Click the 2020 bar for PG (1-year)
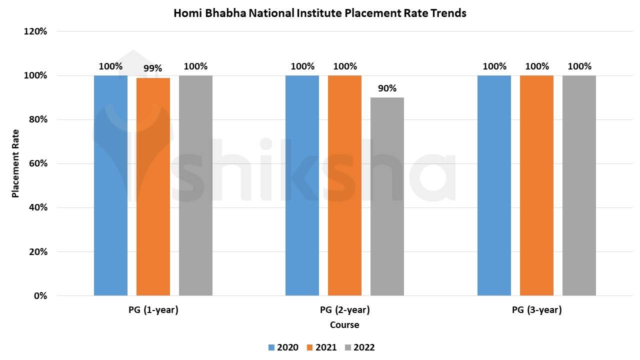(110, 185)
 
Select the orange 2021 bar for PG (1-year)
(153, 186)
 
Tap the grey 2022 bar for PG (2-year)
(387, 196)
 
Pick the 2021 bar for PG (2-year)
(344, 185)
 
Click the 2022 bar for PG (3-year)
(579, 185)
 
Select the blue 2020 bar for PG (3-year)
(494, 185)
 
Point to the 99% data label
(153, 68)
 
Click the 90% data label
(387, 88)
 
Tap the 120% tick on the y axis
(35, 31)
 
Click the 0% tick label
(40, 295)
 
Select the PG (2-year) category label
(344, 310)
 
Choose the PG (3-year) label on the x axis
(536, 310)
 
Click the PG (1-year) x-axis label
(153, 310)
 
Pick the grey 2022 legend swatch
(348, 347)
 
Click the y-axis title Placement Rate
(15, 163)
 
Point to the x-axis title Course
(344, 325)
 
